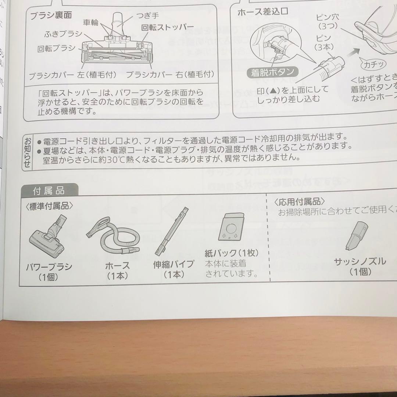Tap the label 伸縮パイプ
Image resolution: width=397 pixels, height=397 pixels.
click(174, 265)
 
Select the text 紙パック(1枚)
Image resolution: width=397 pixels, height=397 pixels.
click(232, 254)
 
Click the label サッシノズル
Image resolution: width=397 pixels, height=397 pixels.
click(360, 261)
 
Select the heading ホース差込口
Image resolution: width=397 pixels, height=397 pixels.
click(262, 11)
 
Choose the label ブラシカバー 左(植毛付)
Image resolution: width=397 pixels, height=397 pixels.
click(73, 75)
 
